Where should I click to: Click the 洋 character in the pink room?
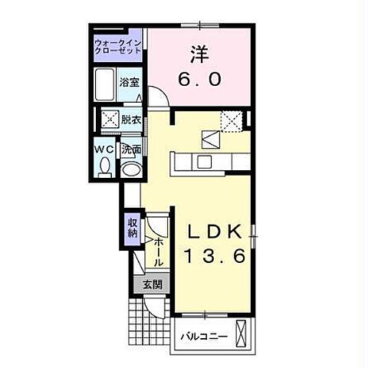200,54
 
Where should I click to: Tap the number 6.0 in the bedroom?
199,79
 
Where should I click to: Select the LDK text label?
215,232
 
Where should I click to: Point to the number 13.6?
215,256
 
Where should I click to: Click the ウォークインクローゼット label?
117,46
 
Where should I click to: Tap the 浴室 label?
130,82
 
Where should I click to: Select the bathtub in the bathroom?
104,84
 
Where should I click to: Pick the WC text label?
103,149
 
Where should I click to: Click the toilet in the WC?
105,167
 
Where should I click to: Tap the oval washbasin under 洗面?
131,169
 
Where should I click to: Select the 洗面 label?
131,149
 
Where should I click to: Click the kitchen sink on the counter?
204,161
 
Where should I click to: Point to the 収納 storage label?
133,228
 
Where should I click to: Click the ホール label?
158,251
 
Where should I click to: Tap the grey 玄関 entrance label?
153,284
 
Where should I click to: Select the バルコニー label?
204,336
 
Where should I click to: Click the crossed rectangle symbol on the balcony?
241,333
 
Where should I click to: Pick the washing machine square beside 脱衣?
110,119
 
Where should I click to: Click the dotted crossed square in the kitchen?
232,121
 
